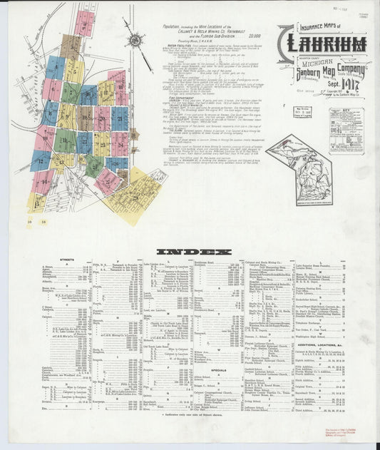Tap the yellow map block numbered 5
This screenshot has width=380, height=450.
tap(73, 69)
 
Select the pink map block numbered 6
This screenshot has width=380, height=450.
tap(51, 89)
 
